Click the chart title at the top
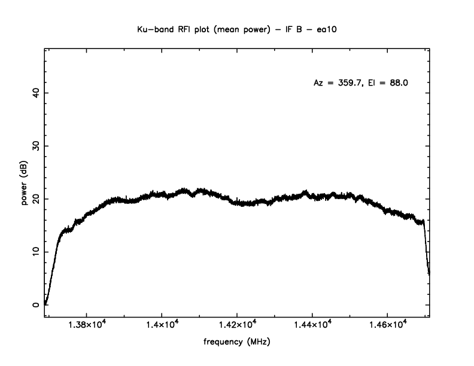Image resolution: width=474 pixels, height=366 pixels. tap(236, 28)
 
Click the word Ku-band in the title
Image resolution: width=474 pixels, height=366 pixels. tap(153, 28)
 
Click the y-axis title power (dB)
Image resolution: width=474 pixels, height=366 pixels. tap(25, 183)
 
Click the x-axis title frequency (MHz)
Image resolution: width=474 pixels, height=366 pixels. tap(236, 343)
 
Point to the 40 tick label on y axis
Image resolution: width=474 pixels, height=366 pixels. tap(35, 93)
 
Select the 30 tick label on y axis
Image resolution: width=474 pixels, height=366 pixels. tap(35, 146)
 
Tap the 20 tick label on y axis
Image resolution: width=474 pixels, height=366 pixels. tap(35, 199)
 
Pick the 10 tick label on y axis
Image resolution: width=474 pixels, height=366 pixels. tap(35, 252)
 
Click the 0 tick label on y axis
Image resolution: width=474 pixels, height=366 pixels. tap(35, 305)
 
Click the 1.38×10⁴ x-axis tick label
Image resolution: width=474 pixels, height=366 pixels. tap(87, 325)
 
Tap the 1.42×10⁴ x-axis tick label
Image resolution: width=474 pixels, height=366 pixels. tap(237, 325)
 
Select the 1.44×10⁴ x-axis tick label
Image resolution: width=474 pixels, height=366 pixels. tap(312, 325)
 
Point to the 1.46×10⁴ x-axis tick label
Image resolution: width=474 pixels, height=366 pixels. tap(387, 325)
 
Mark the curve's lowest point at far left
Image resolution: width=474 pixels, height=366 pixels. tap(45, 304)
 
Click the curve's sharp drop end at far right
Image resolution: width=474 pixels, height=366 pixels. tap(429, 273)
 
